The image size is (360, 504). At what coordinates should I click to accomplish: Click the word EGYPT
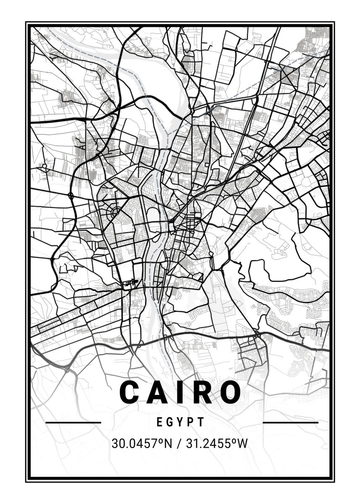click(x=180, y=422)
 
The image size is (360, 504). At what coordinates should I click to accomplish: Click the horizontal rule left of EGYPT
click(x=73, y=422)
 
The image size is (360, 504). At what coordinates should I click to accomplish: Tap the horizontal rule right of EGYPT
click(x=290, y=422)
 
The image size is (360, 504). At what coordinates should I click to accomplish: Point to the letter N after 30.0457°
click(x=168, y=443)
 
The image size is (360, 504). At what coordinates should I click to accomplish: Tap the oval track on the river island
click(x=154, y=215)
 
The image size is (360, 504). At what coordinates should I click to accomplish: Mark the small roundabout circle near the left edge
click(x=44, y=166)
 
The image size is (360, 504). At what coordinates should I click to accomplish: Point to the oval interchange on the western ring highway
click(x=71, y=195)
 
